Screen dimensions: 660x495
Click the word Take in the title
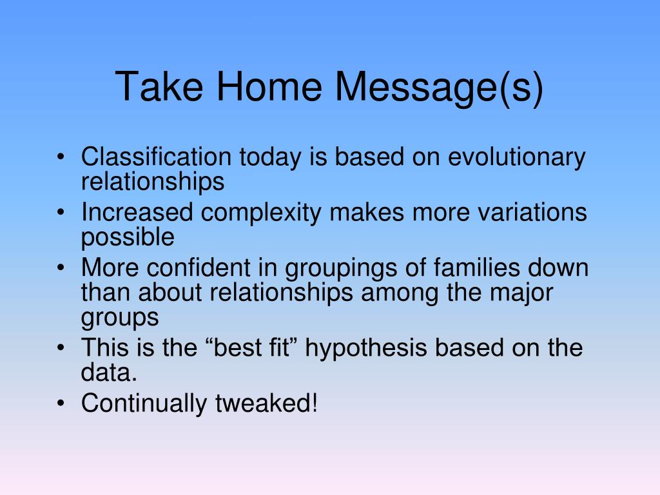click(159, 86)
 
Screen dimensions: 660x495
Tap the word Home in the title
click(269, 86)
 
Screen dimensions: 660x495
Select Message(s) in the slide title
click(439, 88)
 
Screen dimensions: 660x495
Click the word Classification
click(156, 157)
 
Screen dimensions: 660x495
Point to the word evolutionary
click(516, 158)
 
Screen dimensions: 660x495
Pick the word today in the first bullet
click(270, 158)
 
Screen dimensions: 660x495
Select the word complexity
click(261, 213)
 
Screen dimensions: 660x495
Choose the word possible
click(128, 238)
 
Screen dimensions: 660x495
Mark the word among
click(400, 294)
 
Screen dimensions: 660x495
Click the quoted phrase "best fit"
click(252, 347)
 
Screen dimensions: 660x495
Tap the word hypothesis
click(365, 349)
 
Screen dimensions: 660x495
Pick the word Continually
click(144, 404)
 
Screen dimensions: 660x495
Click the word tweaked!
click(266, 403)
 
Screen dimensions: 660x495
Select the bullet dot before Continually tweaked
click(61, 403)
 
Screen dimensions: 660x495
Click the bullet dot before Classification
click(61, 157)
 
